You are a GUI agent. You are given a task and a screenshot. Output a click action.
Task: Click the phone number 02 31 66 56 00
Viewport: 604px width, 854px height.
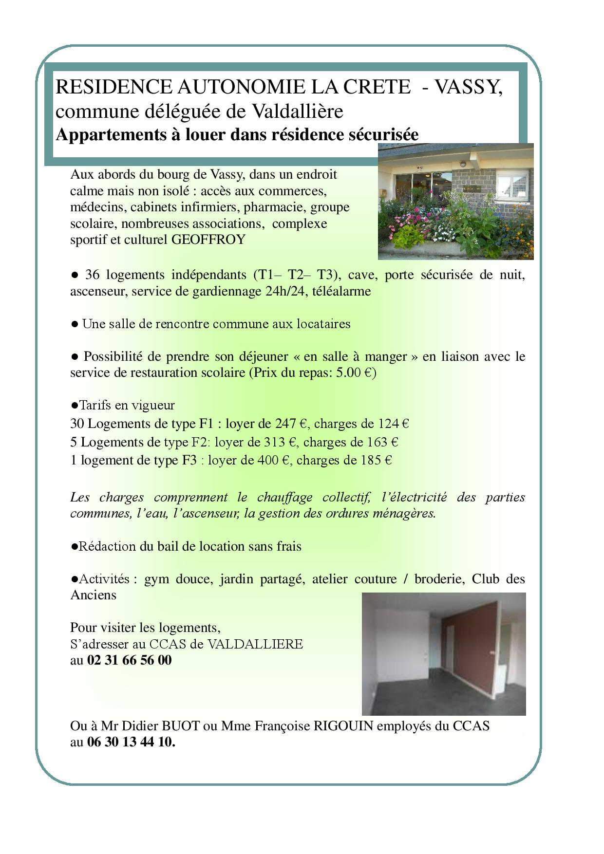tap(129, 660)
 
